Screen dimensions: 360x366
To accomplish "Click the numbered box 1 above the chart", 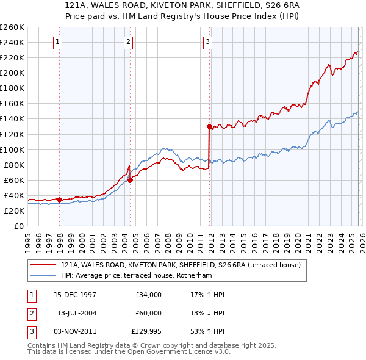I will (x=57, y=42).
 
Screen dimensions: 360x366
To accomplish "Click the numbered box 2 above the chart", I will (x=129, y=42).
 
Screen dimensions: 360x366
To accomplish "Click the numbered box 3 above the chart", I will (x=207, y=42).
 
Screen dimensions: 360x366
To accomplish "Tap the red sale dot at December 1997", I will (x=60, y=200).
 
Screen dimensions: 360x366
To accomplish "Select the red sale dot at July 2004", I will (x=131, y=179).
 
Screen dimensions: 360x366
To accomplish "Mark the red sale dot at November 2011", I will (x=209, y=126).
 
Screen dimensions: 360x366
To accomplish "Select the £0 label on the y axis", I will (x=18, y=226).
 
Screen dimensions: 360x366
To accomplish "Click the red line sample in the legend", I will (x=43, y=265).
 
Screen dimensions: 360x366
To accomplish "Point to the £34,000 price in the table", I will (x=149, y=295).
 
